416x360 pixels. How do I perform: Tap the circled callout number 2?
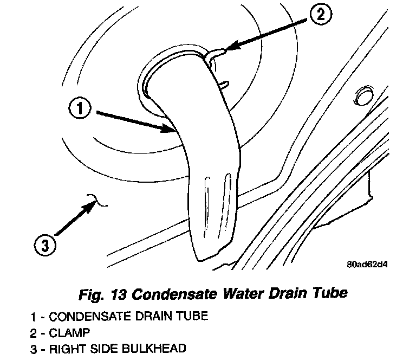[320, 15]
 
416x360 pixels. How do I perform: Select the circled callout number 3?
[45, 246]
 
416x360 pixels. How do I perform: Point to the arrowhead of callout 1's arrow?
[173, 130]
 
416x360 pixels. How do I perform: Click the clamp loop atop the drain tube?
[216, 54]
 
